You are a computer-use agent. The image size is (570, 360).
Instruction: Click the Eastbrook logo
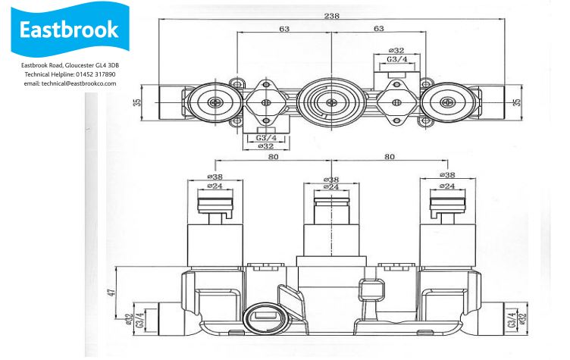(70, 29)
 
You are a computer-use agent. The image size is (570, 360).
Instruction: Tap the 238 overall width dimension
(331, 16)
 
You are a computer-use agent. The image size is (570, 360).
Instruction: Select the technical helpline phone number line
(70, 74)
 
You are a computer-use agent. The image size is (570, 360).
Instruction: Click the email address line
(70, 83)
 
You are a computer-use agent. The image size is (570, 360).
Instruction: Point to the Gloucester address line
(70, 65)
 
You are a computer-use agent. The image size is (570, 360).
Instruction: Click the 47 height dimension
(111, 293)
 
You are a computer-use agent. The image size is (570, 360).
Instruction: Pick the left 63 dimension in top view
(284, 28)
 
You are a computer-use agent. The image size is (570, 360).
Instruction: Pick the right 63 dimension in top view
(379, 28)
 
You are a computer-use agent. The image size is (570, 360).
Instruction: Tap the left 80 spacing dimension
(274, 157)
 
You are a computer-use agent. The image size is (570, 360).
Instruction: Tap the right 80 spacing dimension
(390, 157)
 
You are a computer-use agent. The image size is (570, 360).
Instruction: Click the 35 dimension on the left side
(136, 102)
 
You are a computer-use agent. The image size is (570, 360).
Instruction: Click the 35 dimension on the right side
(517, 102)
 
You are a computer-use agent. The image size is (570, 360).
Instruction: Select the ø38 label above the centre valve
(331, 180)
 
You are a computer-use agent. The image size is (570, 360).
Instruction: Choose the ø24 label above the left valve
(215, 186)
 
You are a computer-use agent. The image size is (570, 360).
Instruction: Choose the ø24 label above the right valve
(447, 186)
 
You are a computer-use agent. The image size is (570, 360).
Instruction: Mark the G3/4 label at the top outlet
(397, 59)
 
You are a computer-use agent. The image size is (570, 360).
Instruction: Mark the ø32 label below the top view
(266, 146)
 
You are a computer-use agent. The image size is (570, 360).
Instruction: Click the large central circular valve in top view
(331, 102)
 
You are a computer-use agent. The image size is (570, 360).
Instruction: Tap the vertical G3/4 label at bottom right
(512, 320)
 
